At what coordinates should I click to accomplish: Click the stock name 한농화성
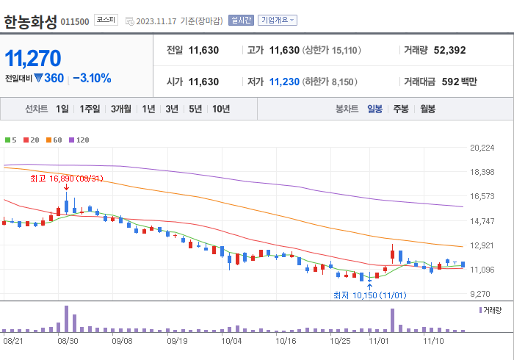tap(30, 21)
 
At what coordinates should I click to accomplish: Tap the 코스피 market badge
tap(106, 20)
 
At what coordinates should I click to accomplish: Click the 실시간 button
tap(241, 21)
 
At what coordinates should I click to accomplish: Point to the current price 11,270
tap(33, 58)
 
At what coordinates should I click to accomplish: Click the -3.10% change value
tap(91, 78)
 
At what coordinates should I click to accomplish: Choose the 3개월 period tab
tap(121, 109)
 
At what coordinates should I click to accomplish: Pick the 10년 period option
tap(220, 109)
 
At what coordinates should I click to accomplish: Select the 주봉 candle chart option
tap(401, 109)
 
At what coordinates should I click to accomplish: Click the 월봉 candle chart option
tap(427, 109)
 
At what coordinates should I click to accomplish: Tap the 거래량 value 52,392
tap(449, 51)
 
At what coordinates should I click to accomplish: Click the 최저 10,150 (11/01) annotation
tap(369, 295)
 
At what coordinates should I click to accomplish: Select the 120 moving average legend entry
tap(79, 140)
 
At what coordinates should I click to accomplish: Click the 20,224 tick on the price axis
tap(482, 148)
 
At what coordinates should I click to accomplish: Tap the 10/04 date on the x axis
tap(232, 341)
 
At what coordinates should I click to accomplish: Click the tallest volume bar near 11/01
tap(392, 320)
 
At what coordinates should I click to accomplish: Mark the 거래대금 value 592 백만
tap(459, 82)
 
